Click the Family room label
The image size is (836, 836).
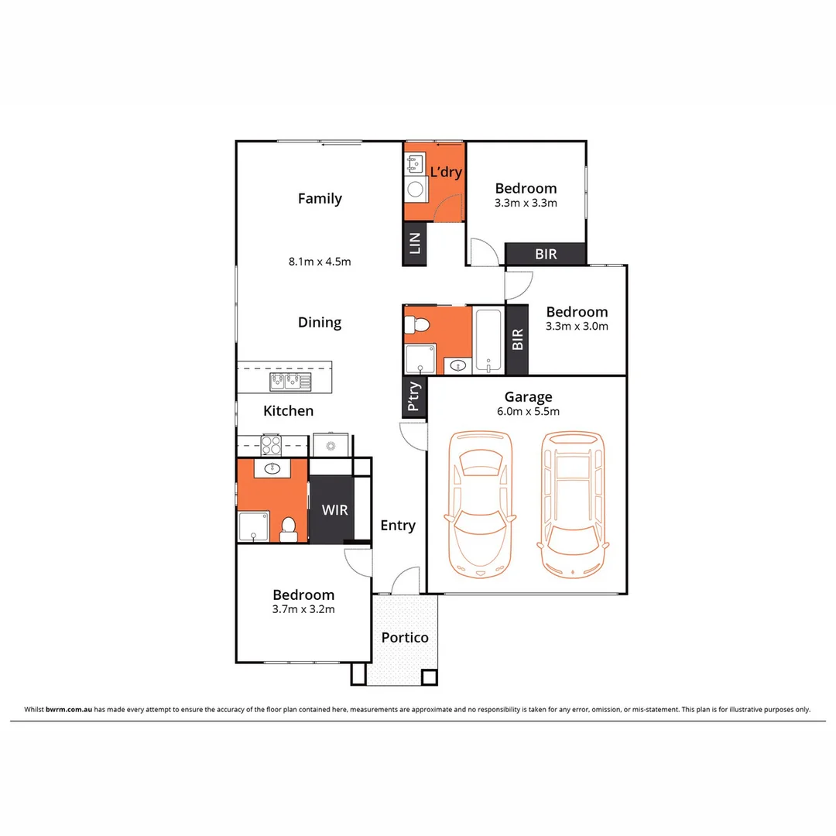point(320,199)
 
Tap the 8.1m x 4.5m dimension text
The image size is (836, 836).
point(320,262)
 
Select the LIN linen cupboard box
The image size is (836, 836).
point(414,244)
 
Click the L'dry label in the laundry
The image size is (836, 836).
point(446,172)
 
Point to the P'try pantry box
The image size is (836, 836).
point(414,396)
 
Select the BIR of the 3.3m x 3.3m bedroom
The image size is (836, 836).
point(546,254)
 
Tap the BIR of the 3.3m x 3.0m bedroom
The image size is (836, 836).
point(517,339)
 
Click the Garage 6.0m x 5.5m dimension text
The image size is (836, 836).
point(528,412)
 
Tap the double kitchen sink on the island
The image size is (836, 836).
point(290,380)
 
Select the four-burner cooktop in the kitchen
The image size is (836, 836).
point(272,445)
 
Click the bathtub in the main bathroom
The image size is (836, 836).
point(489,341)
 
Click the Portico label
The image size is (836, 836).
point(404,638)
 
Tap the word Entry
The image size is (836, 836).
point(398,526)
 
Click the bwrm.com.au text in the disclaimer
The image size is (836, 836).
point(70,709)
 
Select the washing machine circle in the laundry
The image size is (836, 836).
point(415,188)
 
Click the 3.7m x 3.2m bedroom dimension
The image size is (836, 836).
point(303,609)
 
